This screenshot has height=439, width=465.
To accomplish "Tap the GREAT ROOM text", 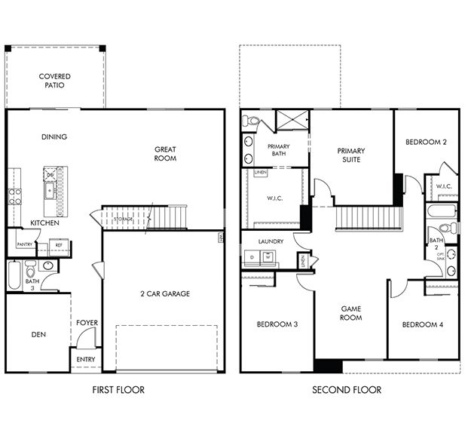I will tap(165, 154).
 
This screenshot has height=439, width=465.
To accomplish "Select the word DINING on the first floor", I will tap(54, 137).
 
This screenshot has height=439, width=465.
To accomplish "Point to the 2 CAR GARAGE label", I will tap(164, 293).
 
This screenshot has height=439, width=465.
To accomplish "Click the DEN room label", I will tap(38, 333).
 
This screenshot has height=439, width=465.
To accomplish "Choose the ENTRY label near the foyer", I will tap(86, 360).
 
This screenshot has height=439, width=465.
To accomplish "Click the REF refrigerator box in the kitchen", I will tap(58, 245).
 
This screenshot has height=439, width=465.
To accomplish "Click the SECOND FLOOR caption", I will tap(347, 390).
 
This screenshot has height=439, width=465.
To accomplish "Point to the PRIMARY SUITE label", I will tap(350, 155).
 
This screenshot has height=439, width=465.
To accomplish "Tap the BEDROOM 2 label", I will tap(426, 142).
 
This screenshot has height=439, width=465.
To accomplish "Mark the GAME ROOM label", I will tap(351, 313).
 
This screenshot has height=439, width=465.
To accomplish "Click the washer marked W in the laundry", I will tap(266, 257).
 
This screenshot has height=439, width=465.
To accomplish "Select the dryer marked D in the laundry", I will tap(251, 257).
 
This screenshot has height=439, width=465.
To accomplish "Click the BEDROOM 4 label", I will tap(422, 324).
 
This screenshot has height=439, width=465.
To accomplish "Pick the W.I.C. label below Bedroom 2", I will tap(443, 186).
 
